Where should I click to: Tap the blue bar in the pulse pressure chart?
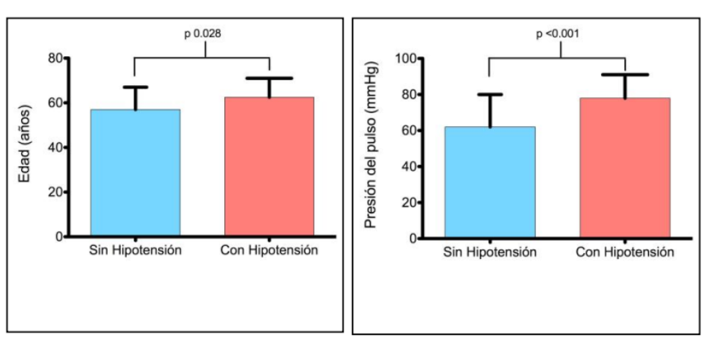[490, 182]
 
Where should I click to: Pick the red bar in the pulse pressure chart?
[624, 168]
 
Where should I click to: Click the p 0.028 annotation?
[203, 33]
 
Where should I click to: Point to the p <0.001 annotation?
[558, 33]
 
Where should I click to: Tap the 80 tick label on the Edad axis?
[54, 58]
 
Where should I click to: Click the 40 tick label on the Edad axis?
[54, 147]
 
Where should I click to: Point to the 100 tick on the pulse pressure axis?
[404, 58]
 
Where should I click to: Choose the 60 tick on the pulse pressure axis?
[407, 131]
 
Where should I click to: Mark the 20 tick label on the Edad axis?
[54, 192]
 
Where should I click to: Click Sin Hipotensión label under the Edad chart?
[134, 251]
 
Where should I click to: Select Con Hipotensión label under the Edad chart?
[269, 251]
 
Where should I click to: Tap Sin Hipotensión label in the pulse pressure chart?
[490, 252]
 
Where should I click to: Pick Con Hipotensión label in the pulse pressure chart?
[624, 252]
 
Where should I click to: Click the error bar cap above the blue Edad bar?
[135, 87]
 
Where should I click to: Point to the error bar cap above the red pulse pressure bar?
[624, 74]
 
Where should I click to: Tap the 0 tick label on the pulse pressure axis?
[411, 238]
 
